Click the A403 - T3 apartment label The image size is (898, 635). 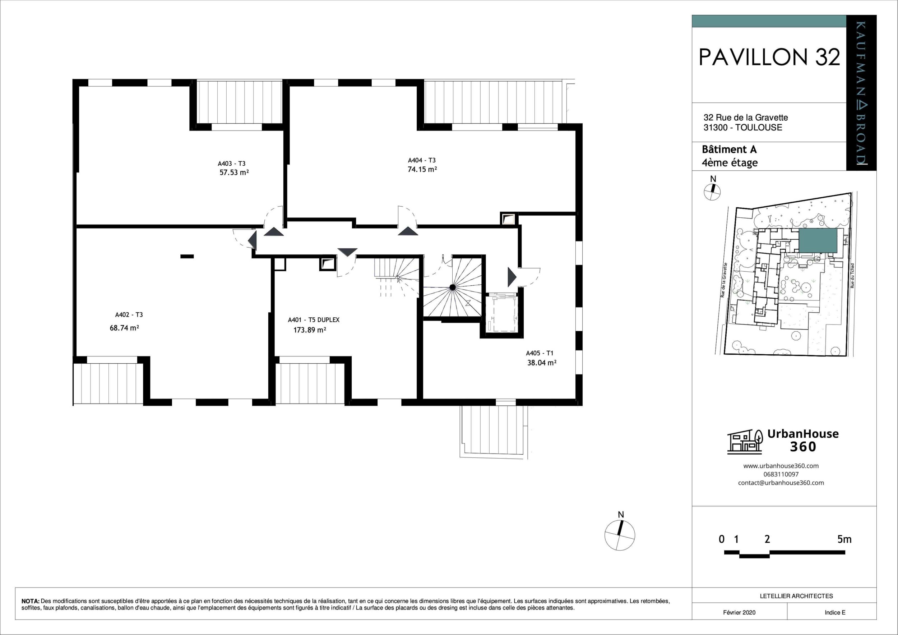232,164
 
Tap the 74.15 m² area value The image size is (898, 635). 422,169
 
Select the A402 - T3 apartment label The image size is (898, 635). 129,314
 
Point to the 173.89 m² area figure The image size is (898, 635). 310,330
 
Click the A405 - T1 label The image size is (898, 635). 540,353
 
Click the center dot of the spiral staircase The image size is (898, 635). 453,287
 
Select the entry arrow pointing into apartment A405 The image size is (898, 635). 512,277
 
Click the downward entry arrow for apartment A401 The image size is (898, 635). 347,252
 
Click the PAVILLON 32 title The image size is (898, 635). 769,57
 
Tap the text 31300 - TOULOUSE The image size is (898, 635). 742,128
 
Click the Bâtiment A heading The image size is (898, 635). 729,149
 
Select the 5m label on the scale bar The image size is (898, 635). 844,539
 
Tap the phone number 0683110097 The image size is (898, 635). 781,474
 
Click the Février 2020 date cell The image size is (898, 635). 739,612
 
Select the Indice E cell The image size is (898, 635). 835,612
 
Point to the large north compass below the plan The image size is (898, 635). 620,535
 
